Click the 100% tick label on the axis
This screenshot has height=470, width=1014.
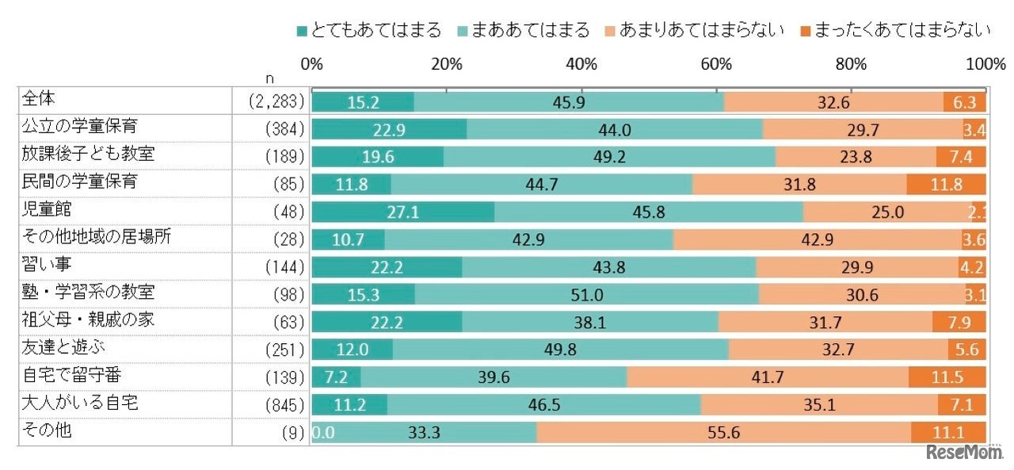coord(985,64)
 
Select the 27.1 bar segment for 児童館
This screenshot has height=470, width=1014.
coord(403,212)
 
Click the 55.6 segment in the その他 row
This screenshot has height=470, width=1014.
coord(723,433)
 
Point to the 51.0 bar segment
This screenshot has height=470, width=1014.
coord(586,295)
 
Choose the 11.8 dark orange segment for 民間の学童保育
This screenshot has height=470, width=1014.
coord(946,185)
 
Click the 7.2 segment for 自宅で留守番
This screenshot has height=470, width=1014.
coord(337,377)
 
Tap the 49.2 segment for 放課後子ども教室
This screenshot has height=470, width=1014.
coord(609,157)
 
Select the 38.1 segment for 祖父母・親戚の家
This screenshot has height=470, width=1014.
coord(589,323)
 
